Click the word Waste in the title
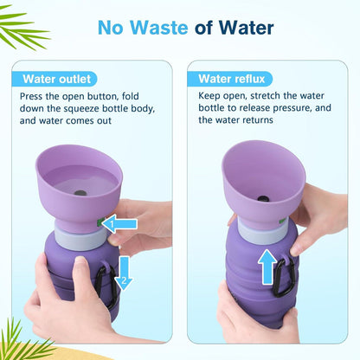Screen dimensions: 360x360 pos(159,28)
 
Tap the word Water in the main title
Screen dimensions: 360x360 pos(246,28)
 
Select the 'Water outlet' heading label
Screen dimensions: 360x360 pos(57,79)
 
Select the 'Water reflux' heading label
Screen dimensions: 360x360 pos(232,79)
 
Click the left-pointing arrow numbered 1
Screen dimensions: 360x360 pos(119,224)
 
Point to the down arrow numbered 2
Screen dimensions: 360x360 pos(124,273)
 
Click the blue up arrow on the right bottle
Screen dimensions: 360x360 pos(267,267)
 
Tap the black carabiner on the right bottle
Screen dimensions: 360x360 pos(284,277)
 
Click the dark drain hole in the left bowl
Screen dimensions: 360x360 pos(80,193)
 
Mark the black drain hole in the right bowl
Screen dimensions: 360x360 pos(263,199)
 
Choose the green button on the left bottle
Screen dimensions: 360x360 pos(100,222)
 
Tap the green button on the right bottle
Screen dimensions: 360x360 pos(282,222)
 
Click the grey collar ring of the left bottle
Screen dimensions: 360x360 pos(80,239)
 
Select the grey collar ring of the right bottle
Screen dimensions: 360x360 pos(262,232)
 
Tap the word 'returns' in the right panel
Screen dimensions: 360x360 pos(258,120)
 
